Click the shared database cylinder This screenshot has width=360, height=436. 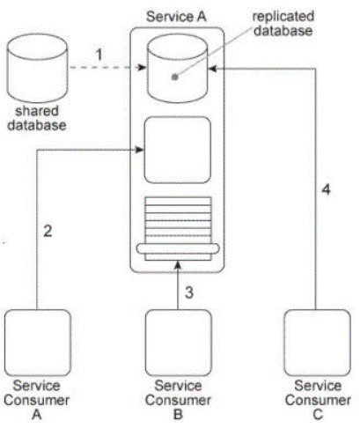[x=37, y=68]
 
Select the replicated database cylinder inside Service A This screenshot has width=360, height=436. [x=178, y=68]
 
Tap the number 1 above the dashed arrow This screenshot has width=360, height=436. [x=99, y=55]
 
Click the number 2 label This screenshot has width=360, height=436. [x=48, y=231]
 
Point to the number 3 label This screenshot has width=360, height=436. [x=189, y=292]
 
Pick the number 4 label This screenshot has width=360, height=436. [x=326, y=189]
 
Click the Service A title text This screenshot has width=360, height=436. [x=176, y=17]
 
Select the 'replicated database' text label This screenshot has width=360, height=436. [x=283, y=24]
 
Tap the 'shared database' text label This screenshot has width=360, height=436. [x=37, y=118]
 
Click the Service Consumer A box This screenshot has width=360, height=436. [x=38, y=343]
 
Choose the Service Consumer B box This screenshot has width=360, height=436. [x=179, y=343]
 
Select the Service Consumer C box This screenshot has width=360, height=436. [x=318, y=343]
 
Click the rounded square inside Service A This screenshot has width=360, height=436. [x=178, y=150]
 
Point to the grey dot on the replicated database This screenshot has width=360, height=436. [x=175, y=78]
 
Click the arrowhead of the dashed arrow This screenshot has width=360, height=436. [x=142, y=68]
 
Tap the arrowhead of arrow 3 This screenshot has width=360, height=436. [x=178, y=265]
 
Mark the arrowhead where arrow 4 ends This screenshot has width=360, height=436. [x=212, y=69]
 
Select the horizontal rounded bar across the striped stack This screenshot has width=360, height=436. [x=178, y=248]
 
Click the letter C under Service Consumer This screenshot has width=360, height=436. [x=318, y=414]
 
